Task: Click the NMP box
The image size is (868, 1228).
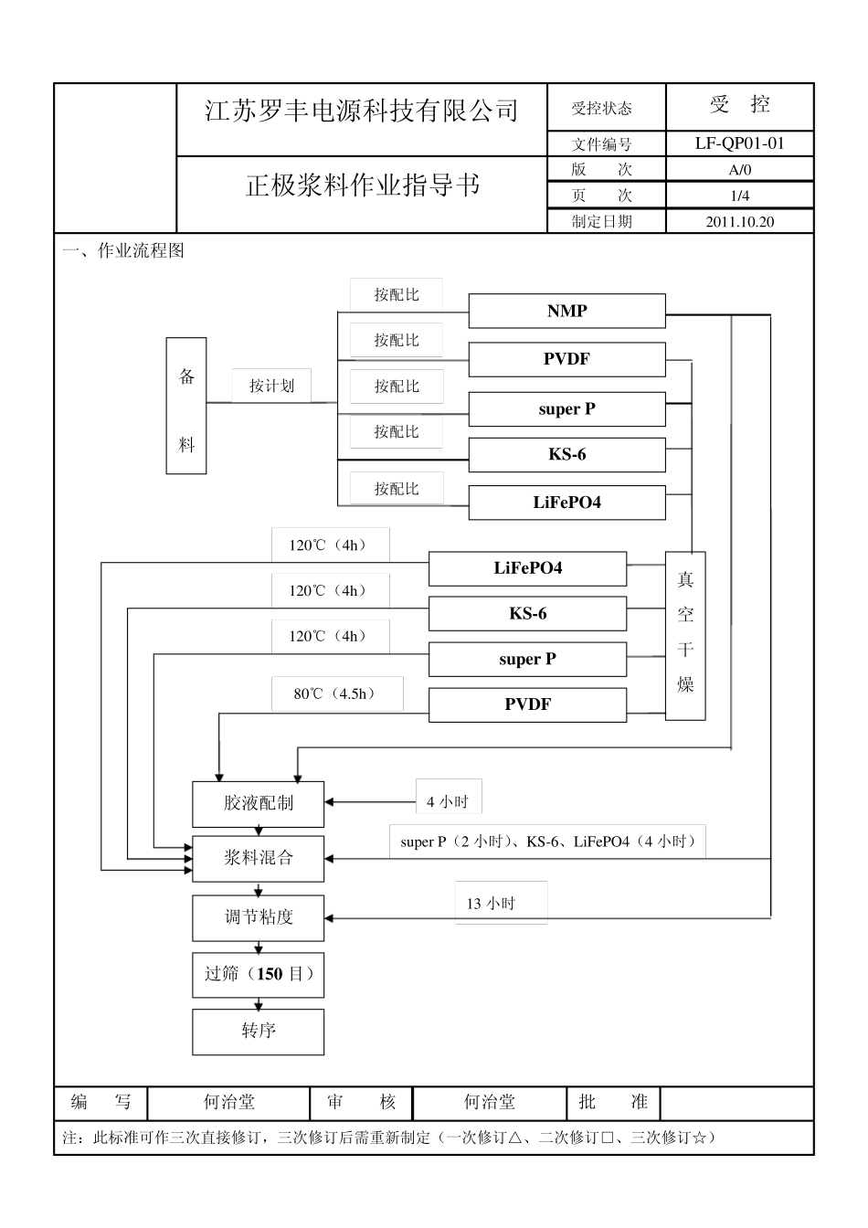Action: [x=566, y=312]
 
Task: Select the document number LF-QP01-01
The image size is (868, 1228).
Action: [x=739, y=143]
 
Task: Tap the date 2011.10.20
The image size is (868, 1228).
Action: [x=739, y=221]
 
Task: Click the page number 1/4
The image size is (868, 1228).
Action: [x=739, y=196]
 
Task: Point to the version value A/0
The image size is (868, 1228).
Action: [x=739, y=170]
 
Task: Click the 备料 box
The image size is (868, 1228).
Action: [x=186, y=406]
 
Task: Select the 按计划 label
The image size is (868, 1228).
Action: [x=272, y=386]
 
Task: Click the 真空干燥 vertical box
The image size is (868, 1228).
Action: [x=685, y=635]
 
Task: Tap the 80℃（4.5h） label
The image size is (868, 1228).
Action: [x=336, y=693]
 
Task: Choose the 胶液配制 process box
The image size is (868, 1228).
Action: [x=258, y=803]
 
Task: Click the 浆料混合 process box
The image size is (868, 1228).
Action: [x=258, y=858]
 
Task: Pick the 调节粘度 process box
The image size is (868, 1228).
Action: [x=258, y=917]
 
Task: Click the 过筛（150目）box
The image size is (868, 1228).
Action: [x=258, y=974]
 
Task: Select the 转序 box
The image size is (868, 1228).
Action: [x=258, y=1032]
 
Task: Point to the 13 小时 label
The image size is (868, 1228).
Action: [x=492, y=904]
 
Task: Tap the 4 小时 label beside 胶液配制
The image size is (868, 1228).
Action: [x=448, y=801]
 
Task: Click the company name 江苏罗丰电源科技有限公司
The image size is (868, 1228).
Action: [x=362, y=111]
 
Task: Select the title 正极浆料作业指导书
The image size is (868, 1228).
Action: [x=362, y=185]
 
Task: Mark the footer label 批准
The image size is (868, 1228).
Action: [x=613, y=1103]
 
